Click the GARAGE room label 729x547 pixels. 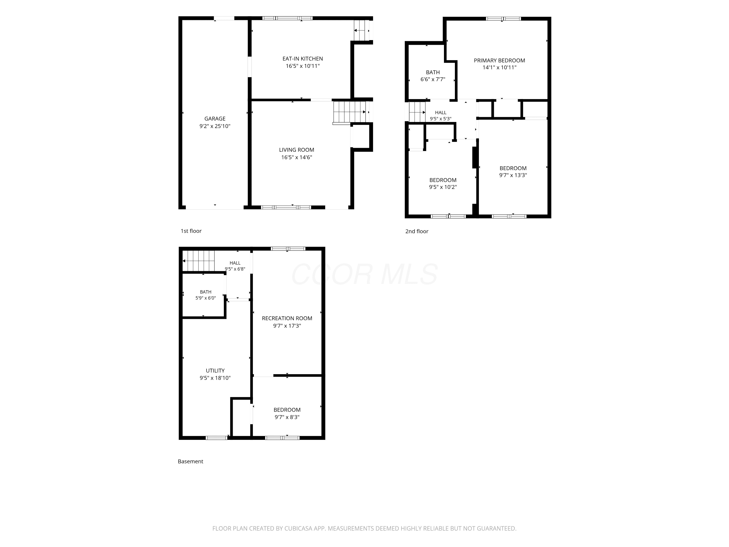[x=215, y=119]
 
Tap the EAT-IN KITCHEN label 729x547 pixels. [x=303, y=59]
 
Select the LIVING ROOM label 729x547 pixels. [x=297, y=150]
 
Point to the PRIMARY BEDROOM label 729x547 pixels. [x=499, y=60]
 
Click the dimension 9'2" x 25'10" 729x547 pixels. [x=215, y=126]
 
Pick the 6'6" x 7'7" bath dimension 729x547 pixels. [x=433, y=79]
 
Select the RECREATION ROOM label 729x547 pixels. [x=287, y=318]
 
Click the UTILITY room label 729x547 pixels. [x=215, y=371]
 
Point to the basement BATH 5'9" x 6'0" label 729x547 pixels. [x=206, y=295]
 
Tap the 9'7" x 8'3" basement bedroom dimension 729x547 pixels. [x=287, y=417]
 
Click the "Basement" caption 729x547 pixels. [x=190, y=461]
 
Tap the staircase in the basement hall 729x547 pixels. [x=199, y=261]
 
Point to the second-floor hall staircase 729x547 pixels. [x=417, y=112]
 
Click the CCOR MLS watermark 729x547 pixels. [x=364, y=274]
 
